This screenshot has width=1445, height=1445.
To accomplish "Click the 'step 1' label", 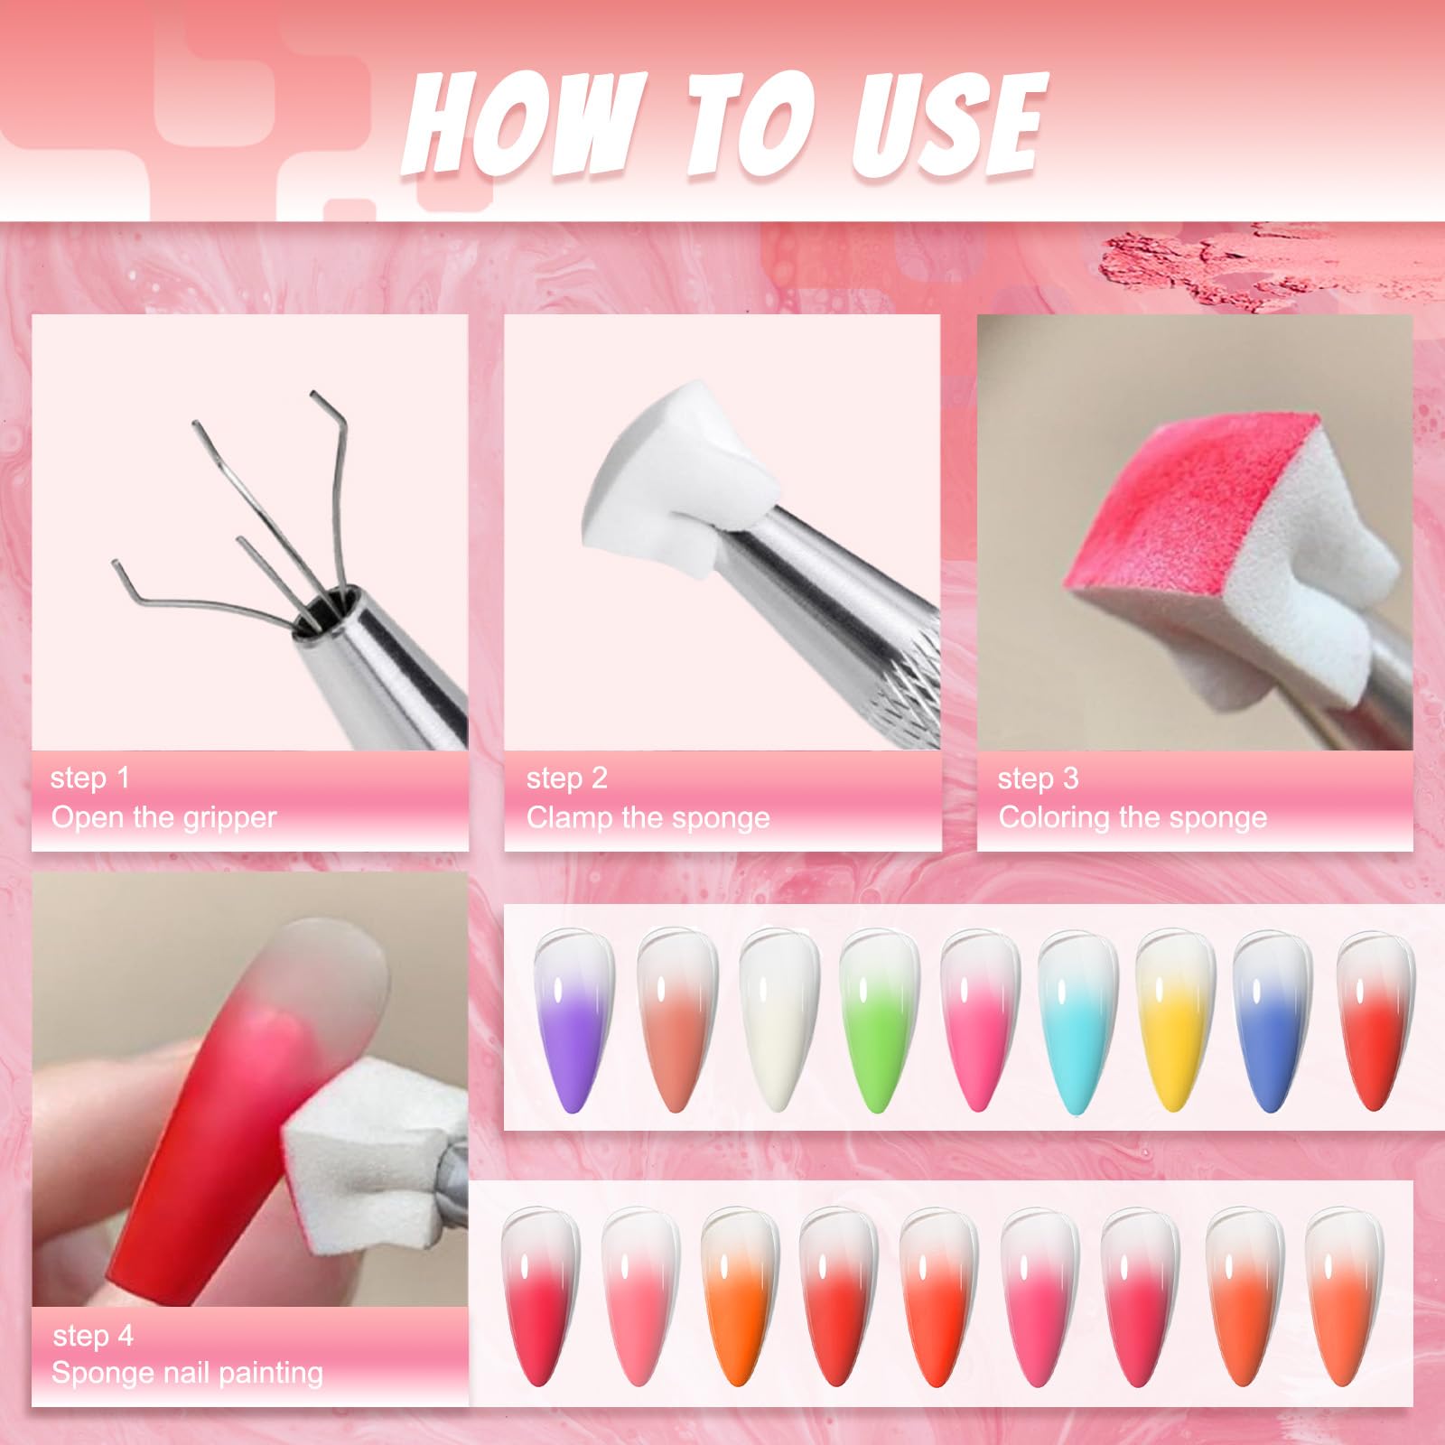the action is pyautogui.click(x=90, y=778).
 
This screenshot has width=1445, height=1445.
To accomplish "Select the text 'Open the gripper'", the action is pyautogui.click(x=163, y=817).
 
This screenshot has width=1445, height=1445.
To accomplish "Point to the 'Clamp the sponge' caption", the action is pyautogui.click(x=648, y=817).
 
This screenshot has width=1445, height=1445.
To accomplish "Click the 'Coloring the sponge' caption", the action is pyautogui.click(x=1133, y=817).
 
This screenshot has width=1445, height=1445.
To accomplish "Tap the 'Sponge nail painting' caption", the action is pyautogui.click(x=187, y=1373).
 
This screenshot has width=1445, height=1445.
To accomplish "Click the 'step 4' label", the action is pyautogui.click(x=92, y=1335).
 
